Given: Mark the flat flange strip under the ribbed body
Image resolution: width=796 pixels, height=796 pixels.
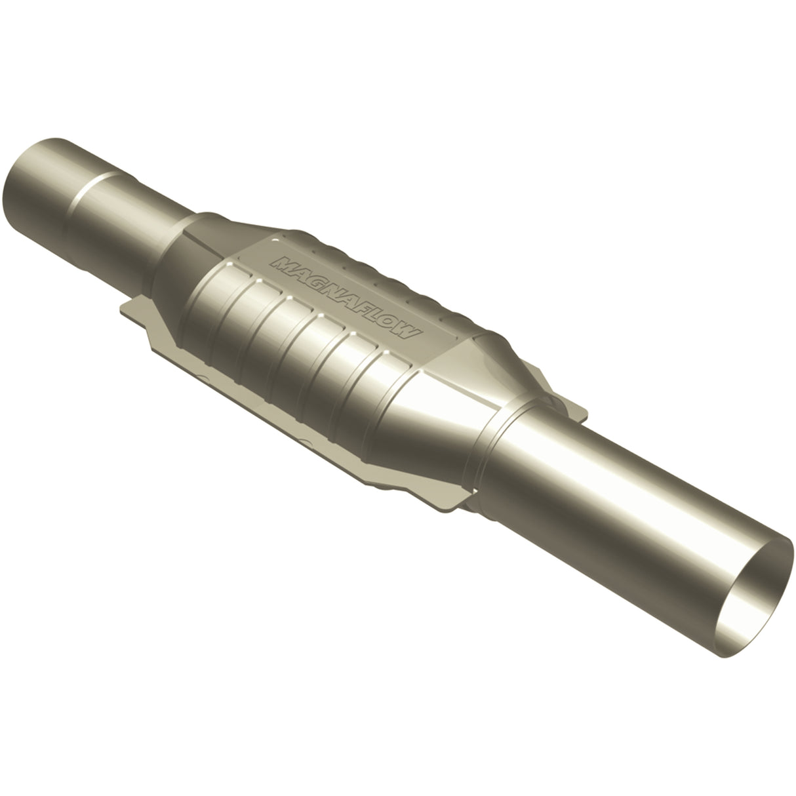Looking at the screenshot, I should [295, 420].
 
